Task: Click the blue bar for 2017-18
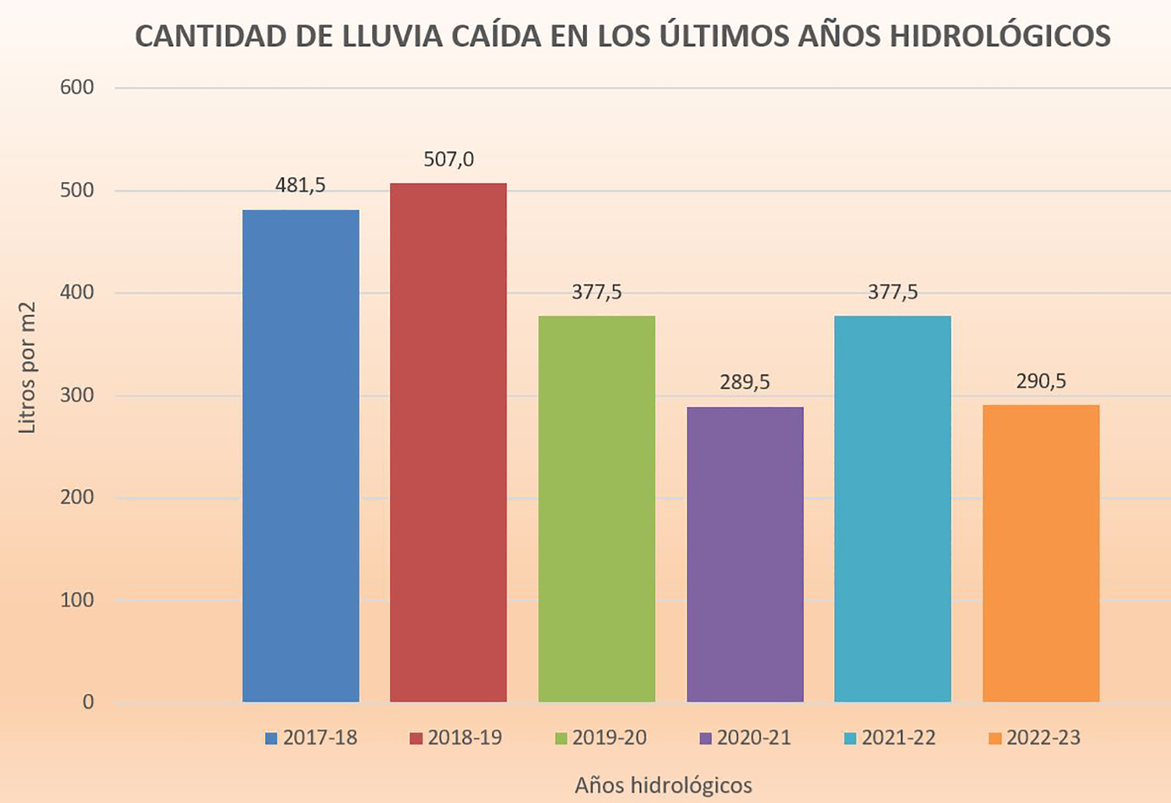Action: click(x=301, y=456)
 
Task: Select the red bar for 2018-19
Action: click(x=448, y=443)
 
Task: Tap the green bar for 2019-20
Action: click(x=597, y=509)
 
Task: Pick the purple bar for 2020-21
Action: click(x=745, y=554)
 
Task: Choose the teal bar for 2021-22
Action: click(x=893, y=509)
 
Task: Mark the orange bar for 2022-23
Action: click(x=1041, y=553)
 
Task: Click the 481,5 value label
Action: click(x=301, y=186)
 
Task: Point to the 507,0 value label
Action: click(x=448, y=160)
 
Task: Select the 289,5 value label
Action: click(x=745, y=382)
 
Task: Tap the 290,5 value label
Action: click(x=1041, y=381)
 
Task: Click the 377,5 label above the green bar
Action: click(x=597, y=292)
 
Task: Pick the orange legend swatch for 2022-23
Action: click(x=995, y=739)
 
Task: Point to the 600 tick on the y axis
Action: click(x=78, y=88)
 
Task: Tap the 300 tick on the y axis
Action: click(x=78, y=396)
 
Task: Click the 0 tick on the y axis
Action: click(x=88, y=702)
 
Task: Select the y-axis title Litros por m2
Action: click(x=28, y=367)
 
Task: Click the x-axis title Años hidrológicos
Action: click(x=663, y=785)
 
